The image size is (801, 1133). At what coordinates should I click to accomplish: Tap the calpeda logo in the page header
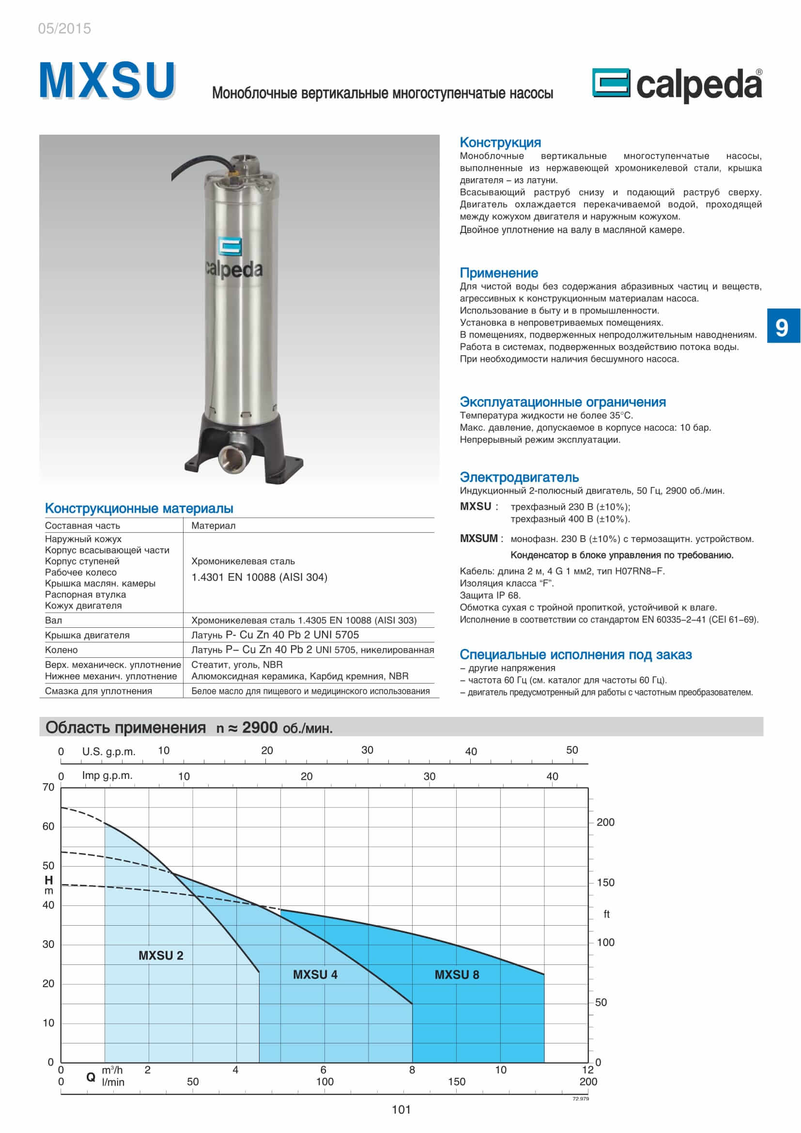click(x=677, y=85)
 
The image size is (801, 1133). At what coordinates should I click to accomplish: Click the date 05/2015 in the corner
click(x=64, y=29)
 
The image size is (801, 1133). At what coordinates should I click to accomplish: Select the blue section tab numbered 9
click(x=783, y=326)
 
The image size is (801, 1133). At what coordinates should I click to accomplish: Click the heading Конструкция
click(x=500, y=142)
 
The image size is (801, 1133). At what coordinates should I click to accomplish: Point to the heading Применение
click(x=499, y=273)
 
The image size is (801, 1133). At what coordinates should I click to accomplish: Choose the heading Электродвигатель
click(x=519, y=477)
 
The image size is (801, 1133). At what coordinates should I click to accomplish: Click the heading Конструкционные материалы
click(x=139, y=508)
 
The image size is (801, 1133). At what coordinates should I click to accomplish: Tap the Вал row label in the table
click(x=54, y=621)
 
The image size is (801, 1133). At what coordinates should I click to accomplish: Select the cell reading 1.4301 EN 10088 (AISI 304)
click(x=259, y=577)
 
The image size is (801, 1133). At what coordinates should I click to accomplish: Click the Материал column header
click(x=213, y=526)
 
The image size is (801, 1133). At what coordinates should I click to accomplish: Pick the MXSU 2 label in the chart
click(x=161, y=955)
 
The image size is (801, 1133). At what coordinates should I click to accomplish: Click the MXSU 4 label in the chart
click(x=315, y=975)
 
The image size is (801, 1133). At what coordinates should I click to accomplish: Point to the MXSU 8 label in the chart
click(x=457, y=975)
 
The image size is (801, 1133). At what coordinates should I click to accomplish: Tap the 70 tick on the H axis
click(x=48, y=787)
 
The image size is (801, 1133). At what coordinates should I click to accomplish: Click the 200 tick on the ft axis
click(x=605, y=822)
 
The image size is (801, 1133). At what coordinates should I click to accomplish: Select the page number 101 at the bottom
click(x=401, y=1110)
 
